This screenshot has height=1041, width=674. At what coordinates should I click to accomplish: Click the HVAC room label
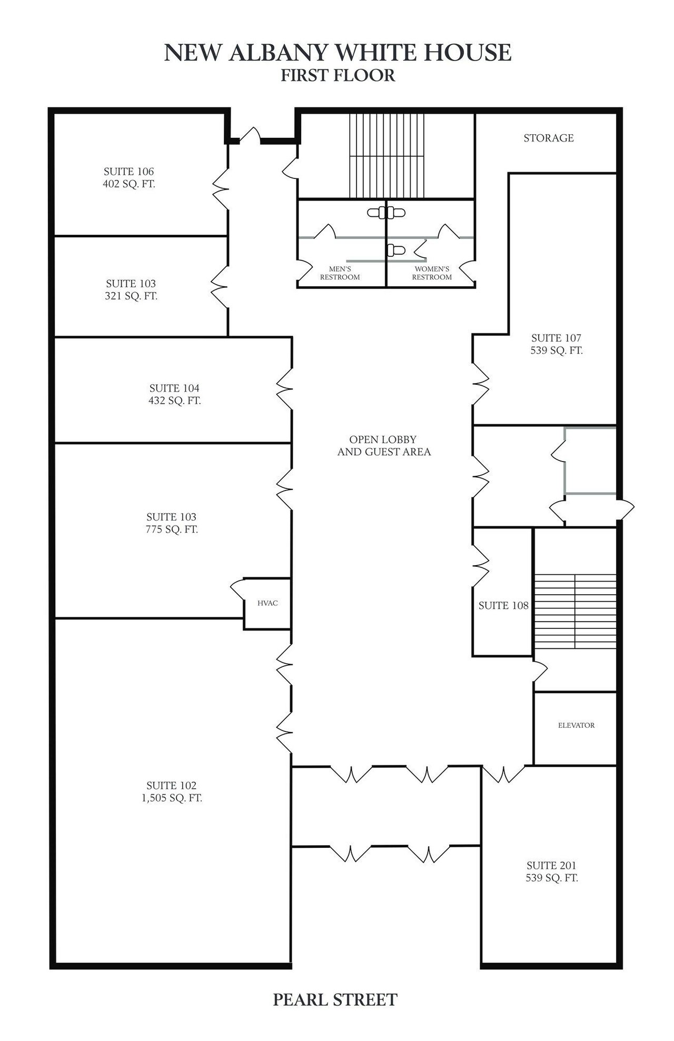tap(267, 603)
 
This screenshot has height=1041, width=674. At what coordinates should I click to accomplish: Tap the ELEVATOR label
tap(576, 725)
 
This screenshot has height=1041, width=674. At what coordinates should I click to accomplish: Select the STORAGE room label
tap(549, 138)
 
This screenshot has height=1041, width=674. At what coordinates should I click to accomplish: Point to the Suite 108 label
tap(503, 606)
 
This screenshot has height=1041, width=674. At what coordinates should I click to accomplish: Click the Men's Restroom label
tap(340, 273)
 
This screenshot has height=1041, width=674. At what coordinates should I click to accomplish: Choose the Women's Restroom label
tap(432, 273)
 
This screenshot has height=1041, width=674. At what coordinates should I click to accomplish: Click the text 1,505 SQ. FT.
tap(172, 798)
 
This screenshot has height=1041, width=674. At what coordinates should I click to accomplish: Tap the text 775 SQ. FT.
tap(172, 529)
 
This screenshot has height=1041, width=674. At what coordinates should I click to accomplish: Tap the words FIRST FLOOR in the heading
tap(338, 75)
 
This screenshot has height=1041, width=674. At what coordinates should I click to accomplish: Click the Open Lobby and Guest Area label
tap(384, 445)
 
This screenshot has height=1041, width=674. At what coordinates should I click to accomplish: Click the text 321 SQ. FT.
tap(131, 296)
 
